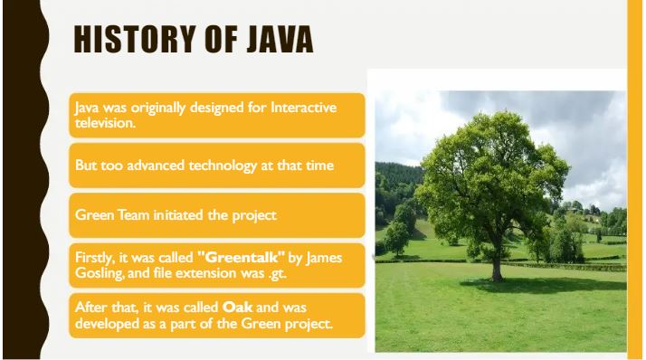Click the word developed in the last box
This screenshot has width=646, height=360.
pyautogui.click(x=107, y=323)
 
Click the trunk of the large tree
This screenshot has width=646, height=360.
pyautogui.click(x=496, y=262)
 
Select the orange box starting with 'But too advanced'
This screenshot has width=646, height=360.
pyautogui.click(x=217, y=166)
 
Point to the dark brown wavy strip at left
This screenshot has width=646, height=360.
pyautogui.click(x=18, y=181)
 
